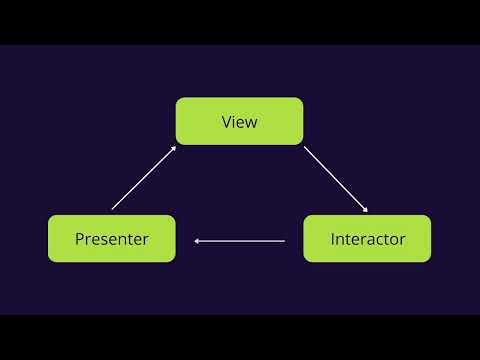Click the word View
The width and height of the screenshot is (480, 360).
click(239, 122)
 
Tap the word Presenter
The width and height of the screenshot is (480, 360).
click(111, 239)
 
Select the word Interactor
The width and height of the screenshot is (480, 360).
click(368, 239)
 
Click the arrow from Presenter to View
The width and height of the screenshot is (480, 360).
click(144, 177)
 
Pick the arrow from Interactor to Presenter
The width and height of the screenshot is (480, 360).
click(240, 240)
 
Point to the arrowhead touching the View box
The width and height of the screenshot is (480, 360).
click(174, 147)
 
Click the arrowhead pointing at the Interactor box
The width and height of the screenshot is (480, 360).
click(366, 210)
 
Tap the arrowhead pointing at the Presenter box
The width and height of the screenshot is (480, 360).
click(197, 240)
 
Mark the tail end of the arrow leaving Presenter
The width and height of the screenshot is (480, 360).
click(113, 208)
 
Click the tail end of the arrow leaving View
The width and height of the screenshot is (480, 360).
click(305, 148)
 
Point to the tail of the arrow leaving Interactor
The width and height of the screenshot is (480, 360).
click(285, 240)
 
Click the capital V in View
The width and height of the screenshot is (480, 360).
click(226, 122)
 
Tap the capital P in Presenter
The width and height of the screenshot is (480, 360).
click(79, 239)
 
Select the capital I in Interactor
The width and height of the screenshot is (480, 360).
click(333, 239)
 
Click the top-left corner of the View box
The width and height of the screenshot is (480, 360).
click(177, 99)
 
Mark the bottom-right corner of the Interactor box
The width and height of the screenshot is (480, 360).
click(430, 261)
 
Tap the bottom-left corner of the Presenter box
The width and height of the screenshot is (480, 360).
click(49, 261)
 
